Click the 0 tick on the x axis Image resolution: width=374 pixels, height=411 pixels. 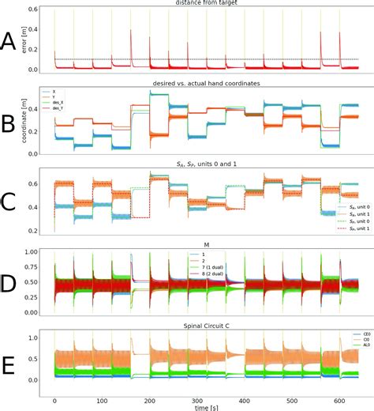(x=54, y=397)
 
